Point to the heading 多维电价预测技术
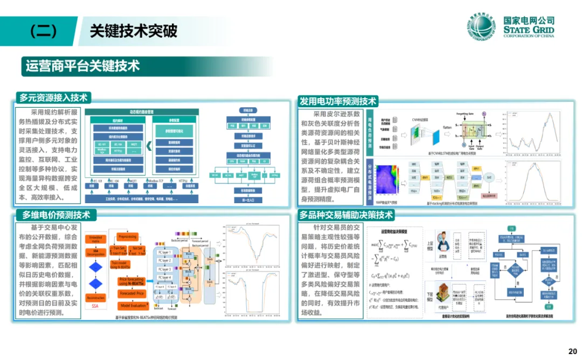[56, 214]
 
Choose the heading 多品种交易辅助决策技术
[347, 215]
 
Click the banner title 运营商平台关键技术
[82, 66]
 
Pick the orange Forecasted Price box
[131, 294]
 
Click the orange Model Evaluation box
[131, 306]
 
